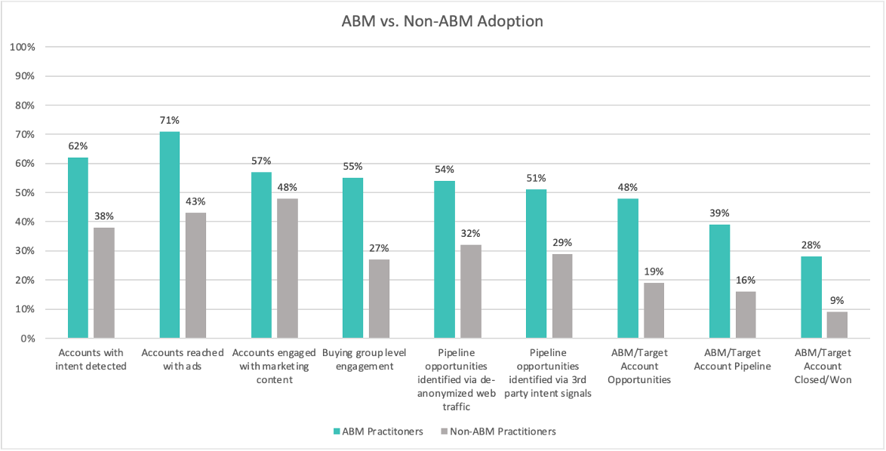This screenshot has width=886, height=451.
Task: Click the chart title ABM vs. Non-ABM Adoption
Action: pos(442,21)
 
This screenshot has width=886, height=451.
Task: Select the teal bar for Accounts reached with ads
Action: pos(170,235)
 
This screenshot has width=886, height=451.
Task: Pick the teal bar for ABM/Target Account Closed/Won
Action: pos(811,297)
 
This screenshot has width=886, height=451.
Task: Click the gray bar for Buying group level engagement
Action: pos(379,299)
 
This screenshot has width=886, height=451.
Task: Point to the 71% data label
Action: pos(170,121)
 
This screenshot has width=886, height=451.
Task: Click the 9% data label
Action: pos(838,300)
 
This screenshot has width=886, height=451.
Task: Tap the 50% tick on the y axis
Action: pos(26,193)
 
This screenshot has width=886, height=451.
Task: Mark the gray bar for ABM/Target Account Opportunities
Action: pos(654,310)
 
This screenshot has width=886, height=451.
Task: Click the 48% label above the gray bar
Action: pos(288,187)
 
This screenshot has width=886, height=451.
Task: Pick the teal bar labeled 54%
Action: pos(445,259)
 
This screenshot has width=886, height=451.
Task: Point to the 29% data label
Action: pos(562,242)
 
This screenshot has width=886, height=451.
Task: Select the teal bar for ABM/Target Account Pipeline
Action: pos(719,281)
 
